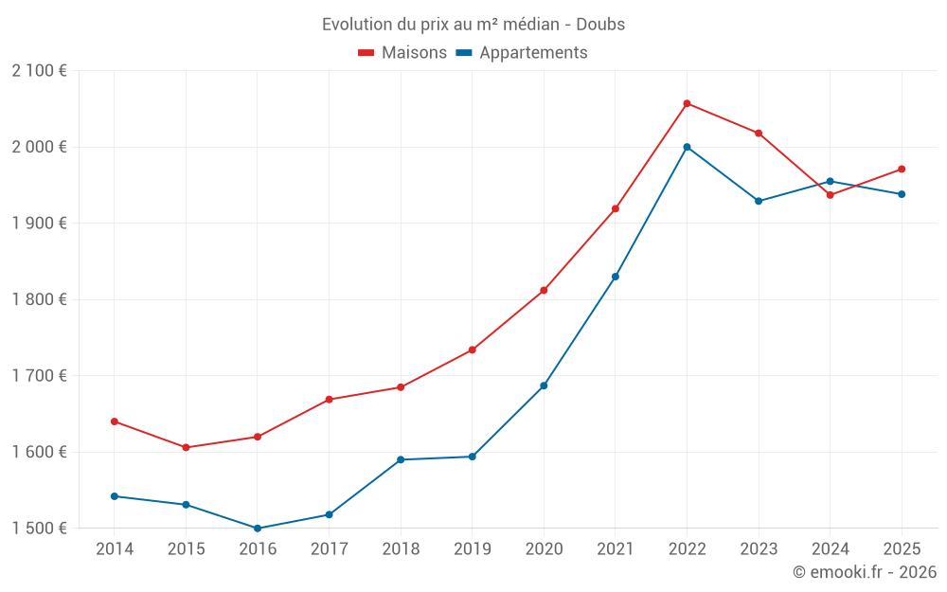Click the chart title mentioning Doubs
point(473,24)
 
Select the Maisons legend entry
point(402,53)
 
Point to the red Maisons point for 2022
point(687,103)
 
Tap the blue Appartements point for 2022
point(687,147)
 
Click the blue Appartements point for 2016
point(258,529)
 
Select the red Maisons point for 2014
point(115,422)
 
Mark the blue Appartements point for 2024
point(831,181)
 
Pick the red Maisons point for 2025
point(902,170)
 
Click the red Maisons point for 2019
point(473,350)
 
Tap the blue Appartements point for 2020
point(544,386)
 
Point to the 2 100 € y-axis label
point(39,71)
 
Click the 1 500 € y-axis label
point(39,529)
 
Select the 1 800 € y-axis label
point(39,299)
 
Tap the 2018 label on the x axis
point(401,548)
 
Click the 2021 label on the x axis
point(616,548)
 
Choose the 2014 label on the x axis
point(115,548)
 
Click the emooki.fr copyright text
point(864,572)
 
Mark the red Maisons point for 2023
point(759,134)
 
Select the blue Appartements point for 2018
point(401,459)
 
